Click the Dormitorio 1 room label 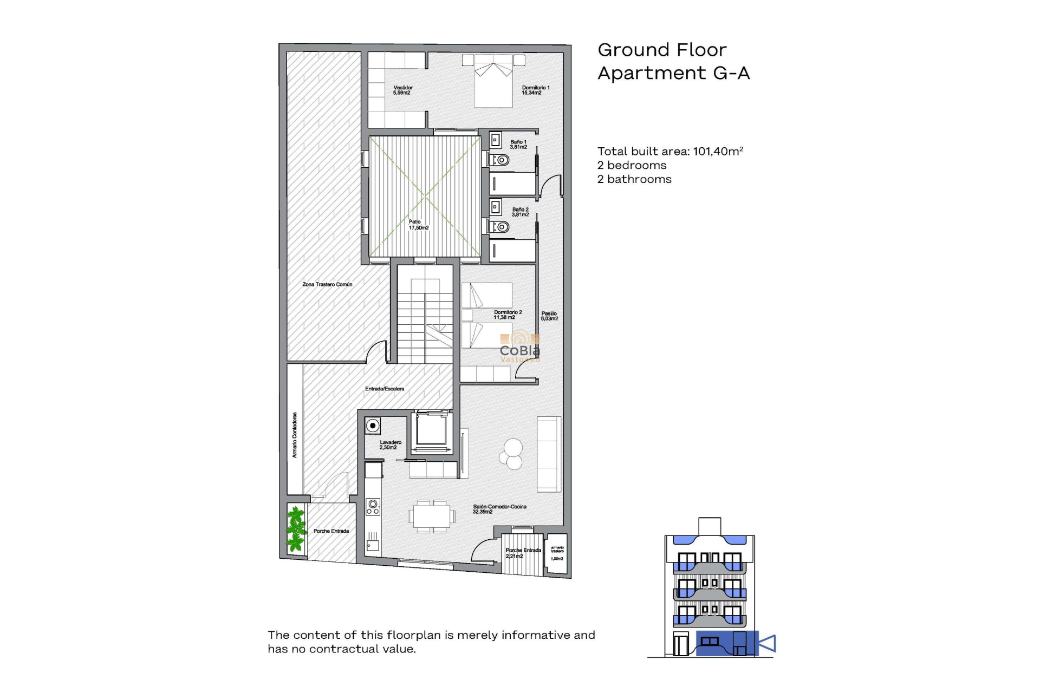(x=535, y=90)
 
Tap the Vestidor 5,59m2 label (x=402, y=90)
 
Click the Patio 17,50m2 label (x=418, y=225)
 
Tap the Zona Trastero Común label (x=327, y=284)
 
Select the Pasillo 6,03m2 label (x=549, y=316)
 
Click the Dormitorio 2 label (x=508, y=315)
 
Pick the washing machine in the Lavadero (x=373, y=426)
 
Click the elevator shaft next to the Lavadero (x=431, y=431)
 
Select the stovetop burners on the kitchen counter (x=373, y=507)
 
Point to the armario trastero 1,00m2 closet (x=557, y=553)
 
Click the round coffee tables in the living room (x=511, y=454)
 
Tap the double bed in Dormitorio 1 (x=493, y=81)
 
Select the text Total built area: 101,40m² (x=669, y=152)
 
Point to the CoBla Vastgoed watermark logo (x=519, y=346)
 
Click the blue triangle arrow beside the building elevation (x=768, y=643)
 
